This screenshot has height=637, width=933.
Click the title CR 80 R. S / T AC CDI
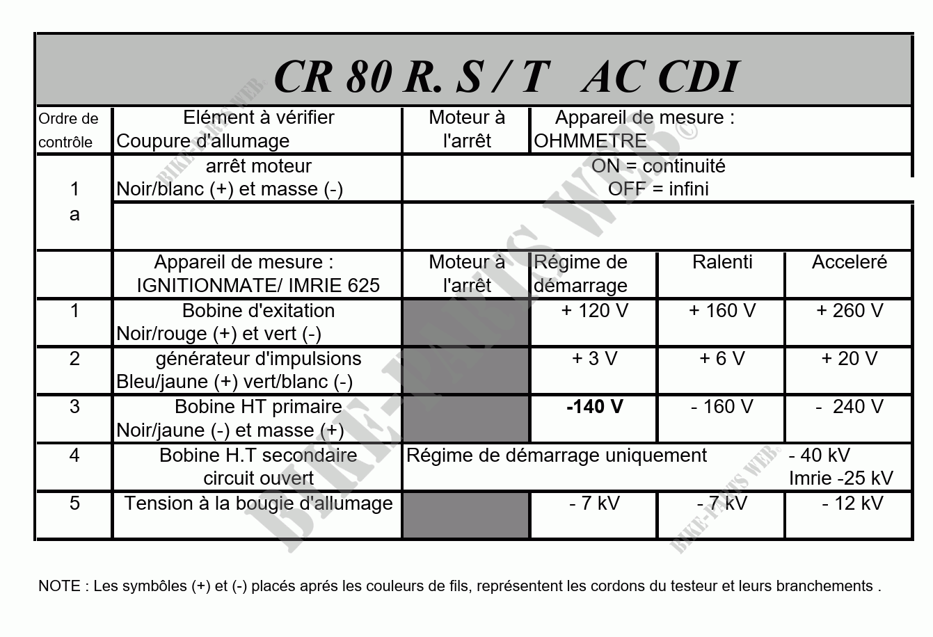(x=505, y=76)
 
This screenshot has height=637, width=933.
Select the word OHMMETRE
(x=590, y=141)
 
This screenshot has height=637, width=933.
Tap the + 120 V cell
(x=594, y=310)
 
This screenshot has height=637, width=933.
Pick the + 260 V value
(x=849, y=310)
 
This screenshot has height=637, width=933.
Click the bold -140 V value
(x=594, y=406)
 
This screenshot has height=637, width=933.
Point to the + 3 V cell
(x=594, y=358)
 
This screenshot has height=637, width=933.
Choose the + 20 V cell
(x=849, y=358)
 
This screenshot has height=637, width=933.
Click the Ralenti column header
(x=722, y=262)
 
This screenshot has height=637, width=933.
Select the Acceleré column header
(x=849, y=262)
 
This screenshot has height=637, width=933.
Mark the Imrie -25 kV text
(x=840, y=478)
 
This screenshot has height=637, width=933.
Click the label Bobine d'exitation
(x=258, y=310)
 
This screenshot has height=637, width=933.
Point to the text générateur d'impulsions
(x=258, y=358)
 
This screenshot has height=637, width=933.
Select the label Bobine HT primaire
(x=258, y=406)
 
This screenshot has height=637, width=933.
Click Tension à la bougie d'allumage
(x=258, y=503)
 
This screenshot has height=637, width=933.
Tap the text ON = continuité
(x=657, y=166)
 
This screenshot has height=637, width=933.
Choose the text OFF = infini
(x=657, y=189)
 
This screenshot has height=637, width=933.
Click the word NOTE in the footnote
(x=59, y=586)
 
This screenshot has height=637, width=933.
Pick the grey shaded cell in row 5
(x=465, y=515)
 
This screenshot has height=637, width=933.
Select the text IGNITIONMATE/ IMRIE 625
(x=258, y=285)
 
